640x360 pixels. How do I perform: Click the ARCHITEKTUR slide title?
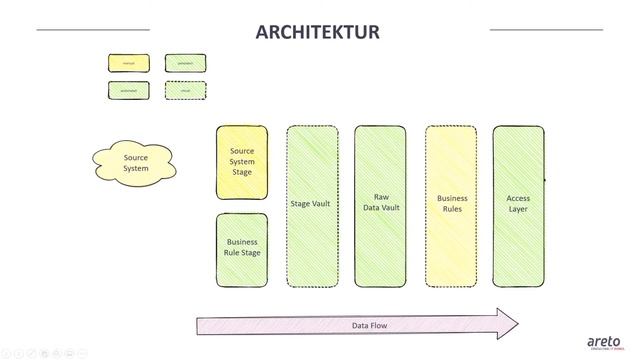click(318, 32)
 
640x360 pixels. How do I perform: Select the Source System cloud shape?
click(135, 162)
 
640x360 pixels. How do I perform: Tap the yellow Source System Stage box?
click(242, 162)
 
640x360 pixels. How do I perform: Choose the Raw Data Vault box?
click(380, 204)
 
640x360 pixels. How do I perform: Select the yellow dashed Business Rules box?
click(451, 204)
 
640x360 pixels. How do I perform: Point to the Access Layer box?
click(518, 204)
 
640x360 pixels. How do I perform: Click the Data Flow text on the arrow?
click(369, 325)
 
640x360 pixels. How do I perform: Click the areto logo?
click(603, 341)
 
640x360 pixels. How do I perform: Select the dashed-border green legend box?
click(185, 90)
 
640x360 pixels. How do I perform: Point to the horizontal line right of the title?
click(546, 30)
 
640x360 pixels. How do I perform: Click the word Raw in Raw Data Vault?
click(381, 197)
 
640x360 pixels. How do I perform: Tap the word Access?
click(518, 198)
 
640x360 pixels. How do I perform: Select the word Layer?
click(518, 209)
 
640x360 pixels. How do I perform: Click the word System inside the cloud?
click(136, 168)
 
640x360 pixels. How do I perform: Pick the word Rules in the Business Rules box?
click(452, 209)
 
